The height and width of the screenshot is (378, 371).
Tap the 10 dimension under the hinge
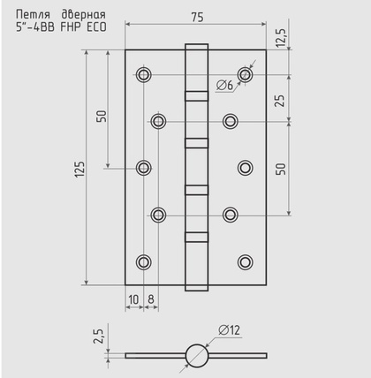(133, 300)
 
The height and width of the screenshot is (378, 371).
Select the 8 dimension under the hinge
(151, 300)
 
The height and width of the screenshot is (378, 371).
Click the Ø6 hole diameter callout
(224, 86)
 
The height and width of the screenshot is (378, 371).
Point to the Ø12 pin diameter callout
(229, 330)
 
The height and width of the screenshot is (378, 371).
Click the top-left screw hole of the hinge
(144, 75)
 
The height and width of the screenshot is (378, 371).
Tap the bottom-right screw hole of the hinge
(245, 261)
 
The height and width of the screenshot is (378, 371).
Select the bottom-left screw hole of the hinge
(144, 261)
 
